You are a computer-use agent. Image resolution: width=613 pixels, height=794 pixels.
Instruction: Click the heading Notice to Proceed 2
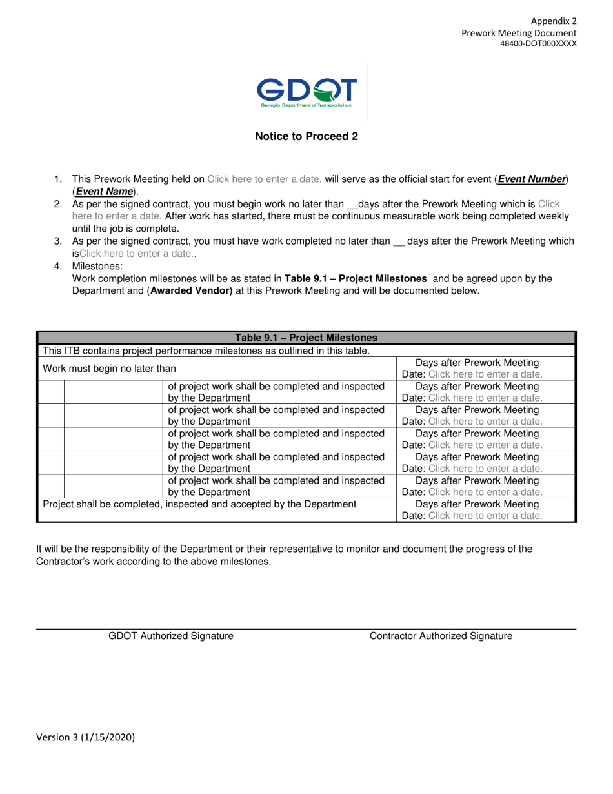click(x=306, y=136)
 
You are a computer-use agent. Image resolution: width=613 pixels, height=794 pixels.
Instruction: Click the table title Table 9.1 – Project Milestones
click(x=306, y=338)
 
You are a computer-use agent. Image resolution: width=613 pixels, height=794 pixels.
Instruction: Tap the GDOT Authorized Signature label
click(x=171, y=636)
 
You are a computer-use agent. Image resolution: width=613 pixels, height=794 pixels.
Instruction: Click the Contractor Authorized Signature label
click(x=441, y=636)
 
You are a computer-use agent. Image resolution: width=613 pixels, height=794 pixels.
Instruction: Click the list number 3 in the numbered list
click(x=57, y=241)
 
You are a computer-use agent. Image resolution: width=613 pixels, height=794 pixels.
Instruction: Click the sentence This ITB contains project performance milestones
click(x=206, y=351)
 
